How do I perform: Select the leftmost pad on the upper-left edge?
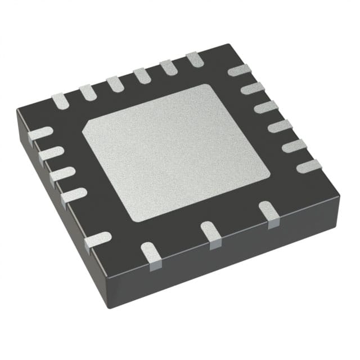60,101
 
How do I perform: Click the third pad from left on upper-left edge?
115,84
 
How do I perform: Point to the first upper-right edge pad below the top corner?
240,70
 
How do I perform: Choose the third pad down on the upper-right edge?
266,107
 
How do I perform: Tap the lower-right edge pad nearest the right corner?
269,214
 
